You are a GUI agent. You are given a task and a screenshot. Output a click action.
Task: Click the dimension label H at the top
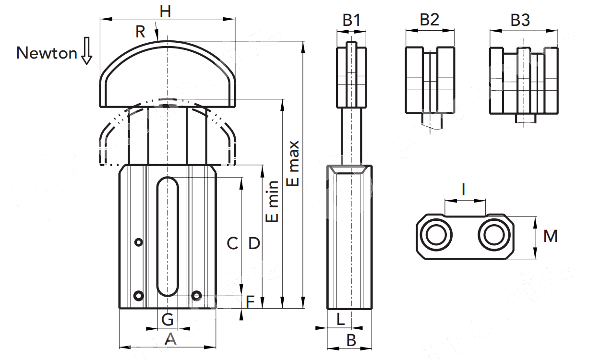coord(165,12)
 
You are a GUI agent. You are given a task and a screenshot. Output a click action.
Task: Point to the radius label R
coord(140,32)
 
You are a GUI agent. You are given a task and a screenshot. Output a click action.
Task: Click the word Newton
coord(47,53)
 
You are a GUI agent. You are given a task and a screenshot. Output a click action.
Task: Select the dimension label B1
coord(351,20)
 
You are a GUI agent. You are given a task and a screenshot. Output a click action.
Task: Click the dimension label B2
coord(430,20)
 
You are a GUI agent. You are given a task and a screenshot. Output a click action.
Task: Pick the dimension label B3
coord(520,20)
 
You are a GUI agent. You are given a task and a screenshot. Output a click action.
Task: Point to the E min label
coord(272,202)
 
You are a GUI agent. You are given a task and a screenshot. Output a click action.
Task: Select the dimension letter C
coord(232,244)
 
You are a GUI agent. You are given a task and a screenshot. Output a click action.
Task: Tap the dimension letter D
coord(254,244)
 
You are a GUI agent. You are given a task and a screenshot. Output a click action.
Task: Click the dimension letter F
coord(250,302)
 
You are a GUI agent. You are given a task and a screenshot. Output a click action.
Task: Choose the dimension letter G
coord(167,319)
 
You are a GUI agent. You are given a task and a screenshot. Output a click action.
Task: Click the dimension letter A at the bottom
coord(170,339)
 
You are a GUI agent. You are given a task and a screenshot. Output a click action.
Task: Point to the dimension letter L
coord(340,319)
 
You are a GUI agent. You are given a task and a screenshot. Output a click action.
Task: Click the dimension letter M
coord(551,236)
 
